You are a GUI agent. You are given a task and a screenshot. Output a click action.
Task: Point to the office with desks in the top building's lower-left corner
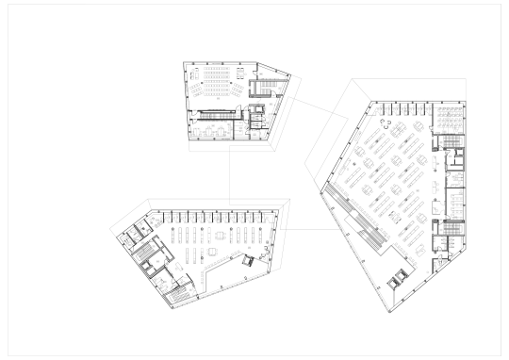[x=205, y=129]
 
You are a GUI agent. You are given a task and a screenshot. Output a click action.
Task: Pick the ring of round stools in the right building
[x=386, y=120]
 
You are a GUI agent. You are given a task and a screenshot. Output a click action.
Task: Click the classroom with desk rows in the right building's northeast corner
[x=451, y=117]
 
